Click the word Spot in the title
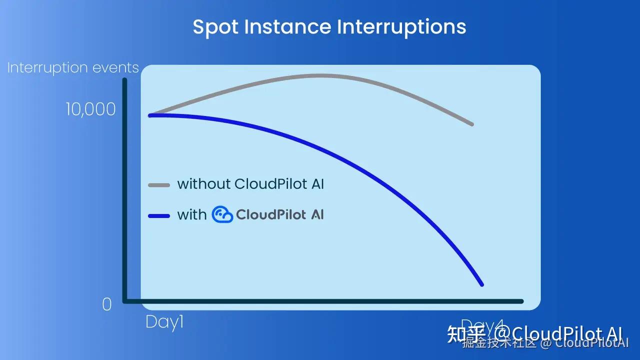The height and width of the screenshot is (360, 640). tap(215, 27)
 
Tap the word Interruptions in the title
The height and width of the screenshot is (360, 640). tap(401, 27)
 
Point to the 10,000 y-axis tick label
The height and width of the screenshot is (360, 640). tap(91, 109)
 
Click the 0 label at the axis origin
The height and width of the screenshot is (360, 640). tap(106, 304)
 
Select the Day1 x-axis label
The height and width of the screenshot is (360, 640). tap(164, 322)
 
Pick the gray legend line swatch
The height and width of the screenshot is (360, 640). tap(159, 185)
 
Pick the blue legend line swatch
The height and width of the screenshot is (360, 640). tap(159, 216)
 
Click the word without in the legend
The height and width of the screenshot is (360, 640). tap(203, 184)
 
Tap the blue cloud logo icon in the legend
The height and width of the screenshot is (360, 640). tap(222, 214)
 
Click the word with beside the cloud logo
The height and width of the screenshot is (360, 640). tap(191, 215)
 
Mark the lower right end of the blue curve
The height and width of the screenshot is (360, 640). tap(481, 284)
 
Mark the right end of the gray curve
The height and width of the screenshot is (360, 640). tap(471, 124)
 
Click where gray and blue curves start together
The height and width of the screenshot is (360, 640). tap(150, 115)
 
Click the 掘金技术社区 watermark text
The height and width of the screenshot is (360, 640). tap(500, 343)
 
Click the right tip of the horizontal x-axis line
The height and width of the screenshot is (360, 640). tap(521, 301)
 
